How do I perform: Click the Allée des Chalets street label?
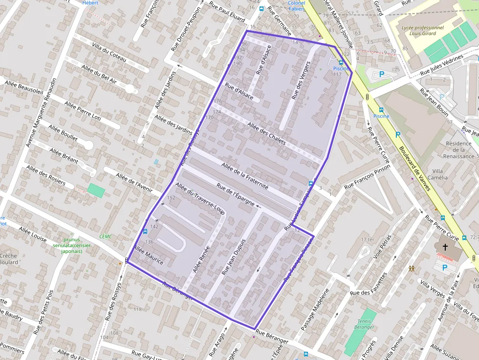(x=267, y=133)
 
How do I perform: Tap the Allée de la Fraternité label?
(x=245, y=176)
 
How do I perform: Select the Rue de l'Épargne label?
(x=236, y=195)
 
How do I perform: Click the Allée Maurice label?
(x=149, y=256)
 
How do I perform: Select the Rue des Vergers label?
(x=301, y=81)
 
